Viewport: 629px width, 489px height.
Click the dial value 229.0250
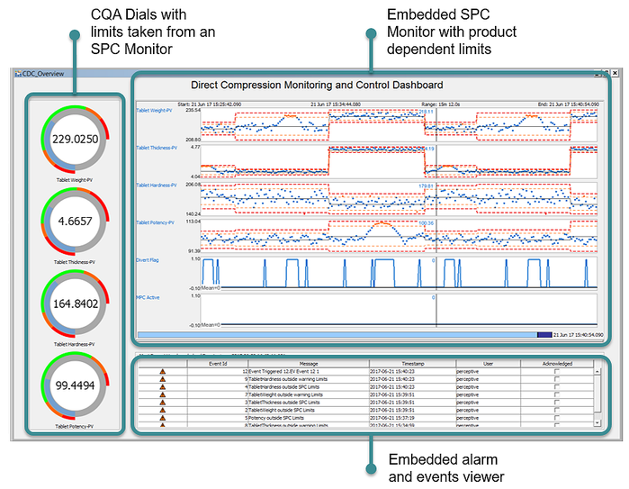coord(74,140)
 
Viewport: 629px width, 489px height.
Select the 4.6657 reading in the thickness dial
coord(74,221)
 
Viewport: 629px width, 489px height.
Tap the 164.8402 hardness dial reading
coord(74,304)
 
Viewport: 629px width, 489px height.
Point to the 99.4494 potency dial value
coord(74,386)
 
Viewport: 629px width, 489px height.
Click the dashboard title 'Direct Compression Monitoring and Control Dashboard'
coord(317,86)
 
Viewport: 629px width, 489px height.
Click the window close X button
coord(615,72)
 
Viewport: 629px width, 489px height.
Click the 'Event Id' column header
coord(217,363)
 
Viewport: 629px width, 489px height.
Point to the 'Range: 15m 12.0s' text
coord(442,104)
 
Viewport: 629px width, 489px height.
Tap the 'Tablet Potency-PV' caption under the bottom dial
coord(74,426)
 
